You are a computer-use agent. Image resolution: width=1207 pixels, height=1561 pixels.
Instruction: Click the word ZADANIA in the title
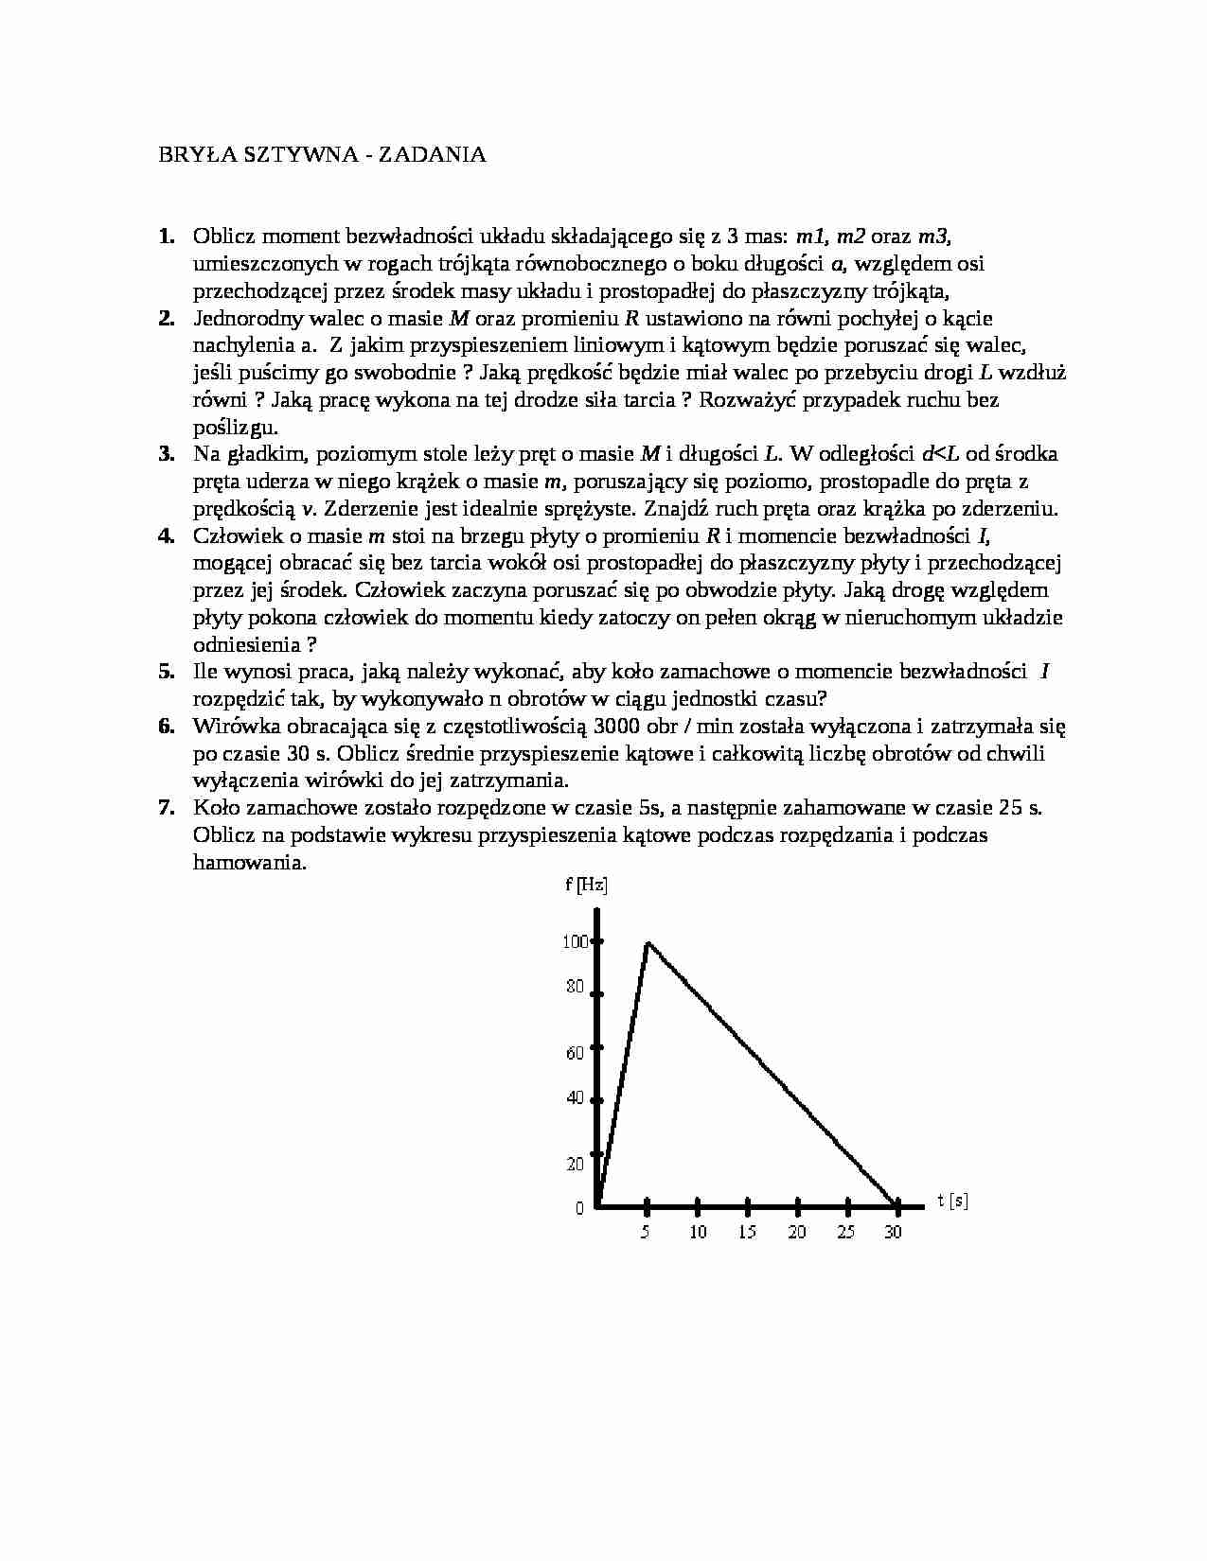click(433, 155)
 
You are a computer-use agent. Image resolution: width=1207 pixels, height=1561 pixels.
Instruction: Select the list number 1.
click(166, 237)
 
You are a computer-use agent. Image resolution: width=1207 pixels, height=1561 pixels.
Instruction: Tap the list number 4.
click(166, 536)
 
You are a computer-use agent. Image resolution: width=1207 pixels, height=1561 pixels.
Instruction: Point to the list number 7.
click(166, 808)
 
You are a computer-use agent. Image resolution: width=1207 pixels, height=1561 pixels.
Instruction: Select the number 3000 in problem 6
click(618, 727)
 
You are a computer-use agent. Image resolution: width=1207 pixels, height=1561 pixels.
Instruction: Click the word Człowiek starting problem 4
click(234, 536)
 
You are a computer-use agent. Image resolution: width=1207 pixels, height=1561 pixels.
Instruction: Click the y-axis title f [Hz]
click(586, 886)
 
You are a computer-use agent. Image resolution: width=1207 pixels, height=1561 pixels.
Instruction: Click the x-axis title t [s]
click(952, 1201)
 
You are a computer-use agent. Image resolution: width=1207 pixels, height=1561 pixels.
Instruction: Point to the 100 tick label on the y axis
click(575, 941)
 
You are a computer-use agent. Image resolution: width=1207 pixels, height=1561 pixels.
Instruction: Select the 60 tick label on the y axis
click(575, 1053)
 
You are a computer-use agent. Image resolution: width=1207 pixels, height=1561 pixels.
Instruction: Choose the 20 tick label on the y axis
click(575, 1165)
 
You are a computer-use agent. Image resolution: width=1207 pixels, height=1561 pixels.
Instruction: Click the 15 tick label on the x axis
click(748, 1232)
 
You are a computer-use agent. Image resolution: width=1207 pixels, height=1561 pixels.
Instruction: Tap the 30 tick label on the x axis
click(892, 1232)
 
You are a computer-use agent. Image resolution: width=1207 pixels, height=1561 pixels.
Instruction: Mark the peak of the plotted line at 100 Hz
click(648, 942)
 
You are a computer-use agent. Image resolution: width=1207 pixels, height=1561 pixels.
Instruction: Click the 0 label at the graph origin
click(579, 1209)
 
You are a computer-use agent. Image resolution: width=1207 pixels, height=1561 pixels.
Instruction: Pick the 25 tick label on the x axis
click(846, 1232)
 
